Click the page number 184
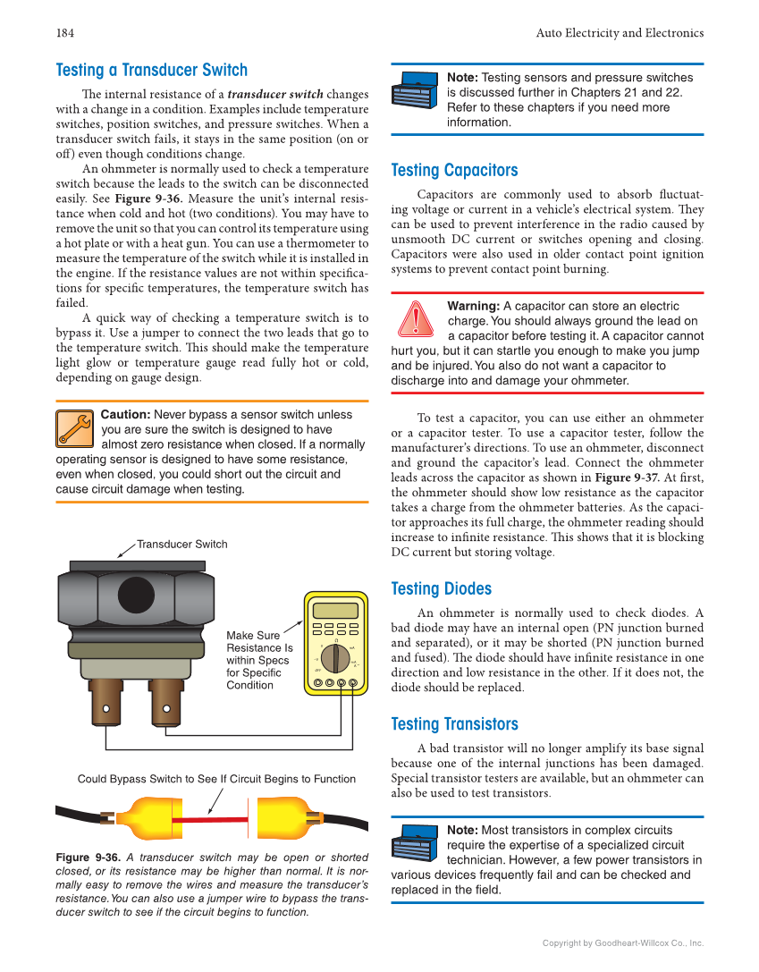pyautogui.click(x=64, y=33)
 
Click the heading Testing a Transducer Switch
pyautogui.click(x=151, y=70)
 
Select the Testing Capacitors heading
pyautogui.click(x=454, y=170)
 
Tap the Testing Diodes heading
pyautogui.click(x=441, y=588)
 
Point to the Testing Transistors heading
pyautogui.click(x=454, y=723)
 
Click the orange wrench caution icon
pyautogui.click(x=74, y=428)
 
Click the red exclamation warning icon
pyautogui.click(x=416, y=320)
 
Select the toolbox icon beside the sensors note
pyautogui.click(x=415, y=91)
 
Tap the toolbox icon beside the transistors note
pyautogui.click(x=415, y=844)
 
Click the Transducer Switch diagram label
pyautogui.click(x=181, y=544)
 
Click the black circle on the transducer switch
pyautogui.click(x=136, y=596)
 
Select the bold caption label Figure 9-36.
pyautogui.click(x=88, y=857)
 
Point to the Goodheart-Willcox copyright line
pyautogui.click(x=623, y=942)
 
